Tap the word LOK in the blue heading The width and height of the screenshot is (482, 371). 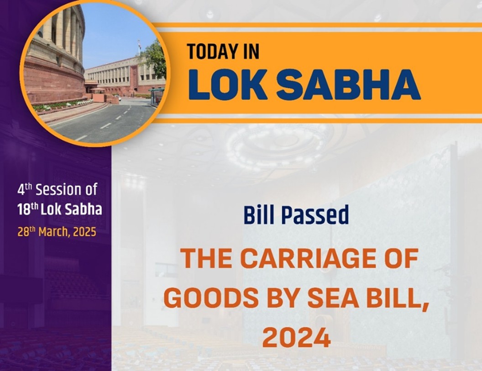tap(228, 85)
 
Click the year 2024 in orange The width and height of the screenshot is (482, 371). tap(297, 338)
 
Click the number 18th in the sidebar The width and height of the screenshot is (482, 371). tap(28, 209)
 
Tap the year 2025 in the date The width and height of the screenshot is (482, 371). tap(83, 232)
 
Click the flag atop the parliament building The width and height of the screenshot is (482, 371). tap(139, 43)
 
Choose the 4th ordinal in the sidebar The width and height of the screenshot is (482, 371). tap(25, 189)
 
